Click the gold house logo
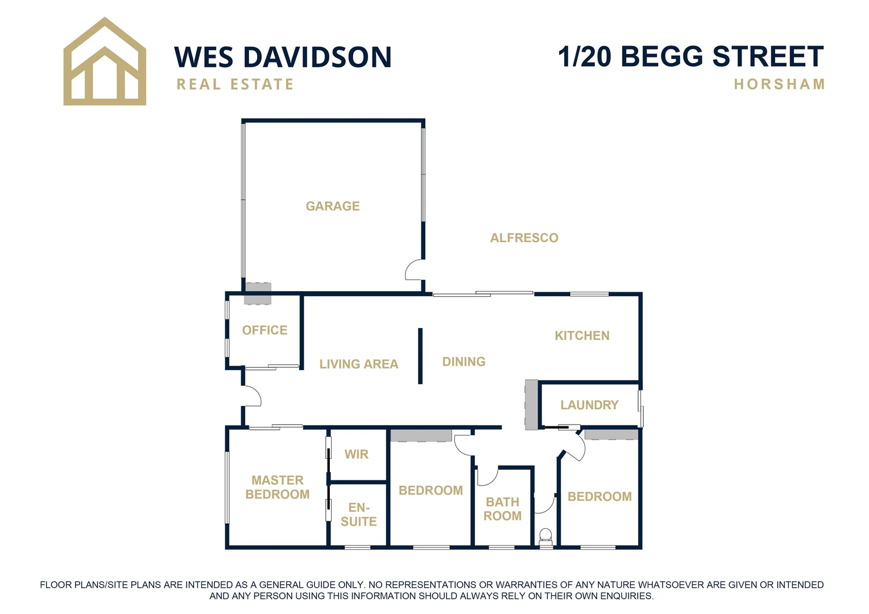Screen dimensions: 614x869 click(105, 63)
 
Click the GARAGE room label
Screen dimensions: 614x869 click(333, 206)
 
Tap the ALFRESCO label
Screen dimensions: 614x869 click(524, 238)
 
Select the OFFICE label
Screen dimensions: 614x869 click(264, 330)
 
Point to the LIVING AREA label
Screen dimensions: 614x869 click(358, 364)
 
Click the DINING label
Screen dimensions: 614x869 click(464, 362)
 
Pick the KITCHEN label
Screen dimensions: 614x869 click(582, 335)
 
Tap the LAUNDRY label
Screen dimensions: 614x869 click(589, 405)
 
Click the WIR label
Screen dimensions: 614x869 click(357, 454)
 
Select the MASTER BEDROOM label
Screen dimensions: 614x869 click(278, 487)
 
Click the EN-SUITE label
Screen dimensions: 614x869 click(358, 514)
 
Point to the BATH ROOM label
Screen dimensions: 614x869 click(502, 509)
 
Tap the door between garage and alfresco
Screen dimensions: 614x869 click(415, 269)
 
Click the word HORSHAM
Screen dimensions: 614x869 click(779, 84)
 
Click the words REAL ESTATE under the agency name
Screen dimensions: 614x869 click(235, 84)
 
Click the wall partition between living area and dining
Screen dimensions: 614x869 click(420, 356)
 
